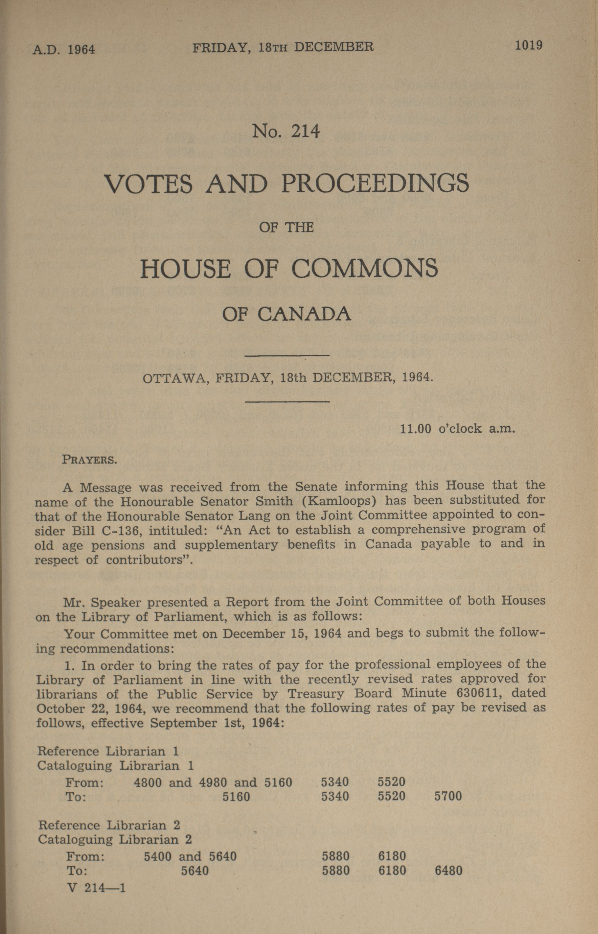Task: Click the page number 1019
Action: (x=528, y=45)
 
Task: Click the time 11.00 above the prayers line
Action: (x=416, y=429)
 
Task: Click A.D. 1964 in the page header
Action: (x=64, y=50)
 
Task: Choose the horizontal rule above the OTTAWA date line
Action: (x=287, y=355)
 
